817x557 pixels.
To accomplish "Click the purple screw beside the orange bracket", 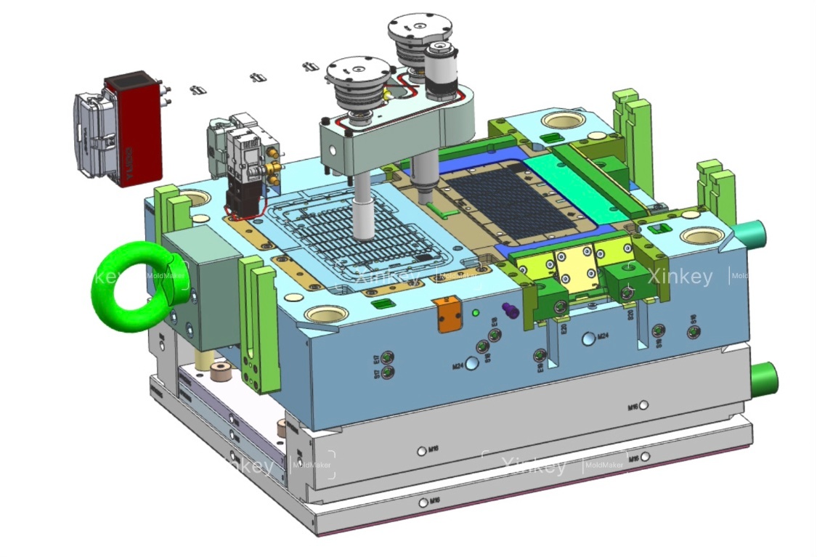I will tap(513, 312).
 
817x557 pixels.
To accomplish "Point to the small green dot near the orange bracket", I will tap(476, 313).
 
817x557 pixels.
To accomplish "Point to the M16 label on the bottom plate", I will tap(434, 501).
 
